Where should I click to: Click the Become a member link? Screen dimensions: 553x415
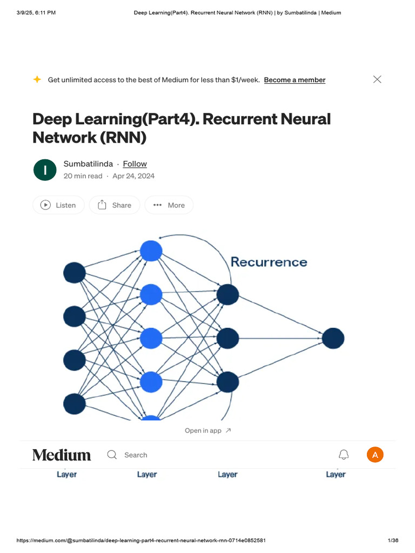pyautogui.click(x=294, y=80)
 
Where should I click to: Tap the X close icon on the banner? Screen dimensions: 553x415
pyautogui.click(x=377, y=79)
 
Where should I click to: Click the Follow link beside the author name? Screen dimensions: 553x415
pyautogui.click(x=135, y=164)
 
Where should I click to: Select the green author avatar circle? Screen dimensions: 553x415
pyautogui.click(x=45, y=170)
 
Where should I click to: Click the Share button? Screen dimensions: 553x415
pyautogui.click(x=114, y=205)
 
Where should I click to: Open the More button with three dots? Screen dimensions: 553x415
pyautogui.click(x=169, y=205)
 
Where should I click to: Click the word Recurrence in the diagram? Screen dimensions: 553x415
pyautogui.click(x=269, y=262)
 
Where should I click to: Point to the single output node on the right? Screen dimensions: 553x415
pyautogui.click(x=333, y=339)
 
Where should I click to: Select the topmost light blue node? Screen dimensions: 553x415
pyautogui.click(x=151, y=251)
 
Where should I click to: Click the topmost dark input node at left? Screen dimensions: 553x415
pyautogui.click(x=75, y=273)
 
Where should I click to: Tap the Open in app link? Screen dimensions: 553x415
pyautogui.click(x=207, y=430)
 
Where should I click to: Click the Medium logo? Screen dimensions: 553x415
pyautogui.click(x=62, y=455)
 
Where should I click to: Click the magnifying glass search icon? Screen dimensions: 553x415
pyautogui.click(x=112, y=455)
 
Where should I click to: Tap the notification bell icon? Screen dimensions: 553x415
pyautogui.click(x=344, y=455)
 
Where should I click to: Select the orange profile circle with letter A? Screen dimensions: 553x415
pyautogui.click(x=375, y=455)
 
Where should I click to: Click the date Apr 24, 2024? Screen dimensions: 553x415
pyautogui.click(x=133, y=176)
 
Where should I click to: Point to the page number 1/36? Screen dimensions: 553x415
pyautogui.click(x=393, y=541)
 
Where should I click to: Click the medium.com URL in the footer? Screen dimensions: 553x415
pyautogui.click(x=141, y=541)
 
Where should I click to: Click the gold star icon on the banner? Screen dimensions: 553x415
pyautogui.click(x=37, y=79)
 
